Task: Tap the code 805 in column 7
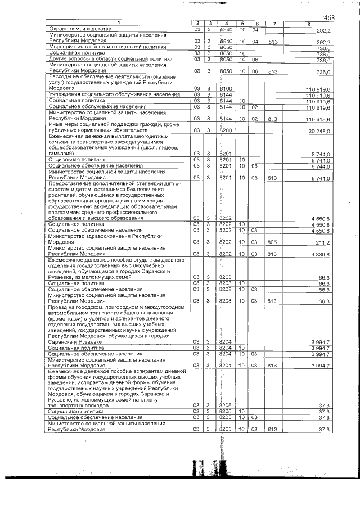[273, 242]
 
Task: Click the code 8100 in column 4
[226, 89]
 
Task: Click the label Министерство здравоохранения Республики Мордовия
[105, 239]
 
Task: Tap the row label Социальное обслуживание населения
[93, 106]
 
